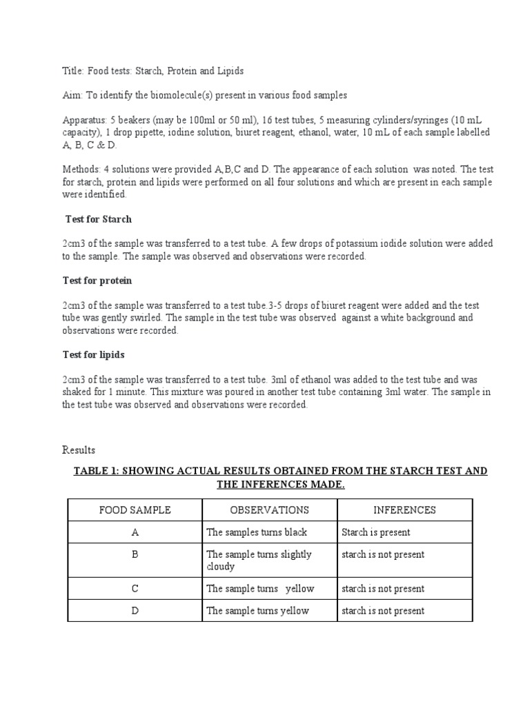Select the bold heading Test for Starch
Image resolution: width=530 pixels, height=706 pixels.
(x=98, y=219)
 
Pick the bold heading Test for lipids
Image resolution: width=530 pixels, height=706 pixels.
(x=95, y=355)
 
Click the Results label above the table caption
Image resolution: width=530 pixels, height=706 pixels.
(x=79, y=450)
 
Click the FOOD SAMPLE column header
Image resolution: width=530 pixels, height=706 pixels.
(x=135, y=510)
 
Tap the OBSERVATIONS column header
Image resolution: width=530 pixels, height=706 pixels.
(x=269, y=510)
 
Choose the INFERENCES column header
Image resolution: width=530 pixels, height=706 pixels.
(x=404, y=510)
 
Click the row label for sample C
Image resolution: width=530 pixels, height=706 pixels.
(x=135, y=589)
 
